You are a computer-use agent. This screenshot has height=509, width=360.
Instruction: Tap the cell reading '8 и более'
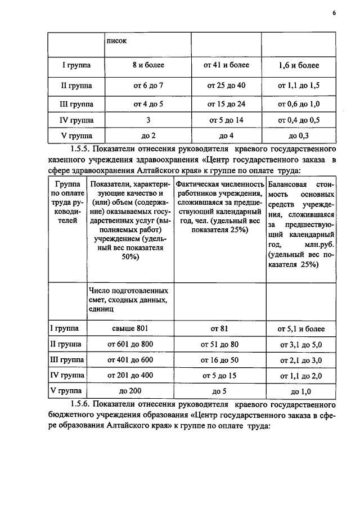tap(148, 66)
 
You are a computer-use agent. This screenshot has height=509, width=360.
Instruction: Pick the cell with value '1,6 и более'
tap(299, 66)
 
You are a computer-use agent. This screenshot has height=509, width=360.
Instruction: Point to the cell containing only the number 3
tap(148, 120)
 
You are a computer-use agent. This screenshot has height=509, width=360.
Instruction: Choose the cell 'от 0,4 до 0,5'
tap(299, 120)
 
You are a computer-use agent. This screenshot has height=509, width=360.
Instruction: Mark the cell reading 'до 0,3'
tap(299, 136)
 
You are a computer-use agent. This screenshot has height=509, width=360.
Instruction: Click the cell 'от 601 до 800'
tap(129, 344)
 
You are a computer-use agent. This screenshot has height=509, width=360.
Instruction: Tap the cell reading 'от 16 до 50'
tap(219, 359)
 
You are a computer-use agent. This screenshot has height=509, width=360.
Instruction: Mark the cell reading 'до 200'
tap(129, 390)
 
